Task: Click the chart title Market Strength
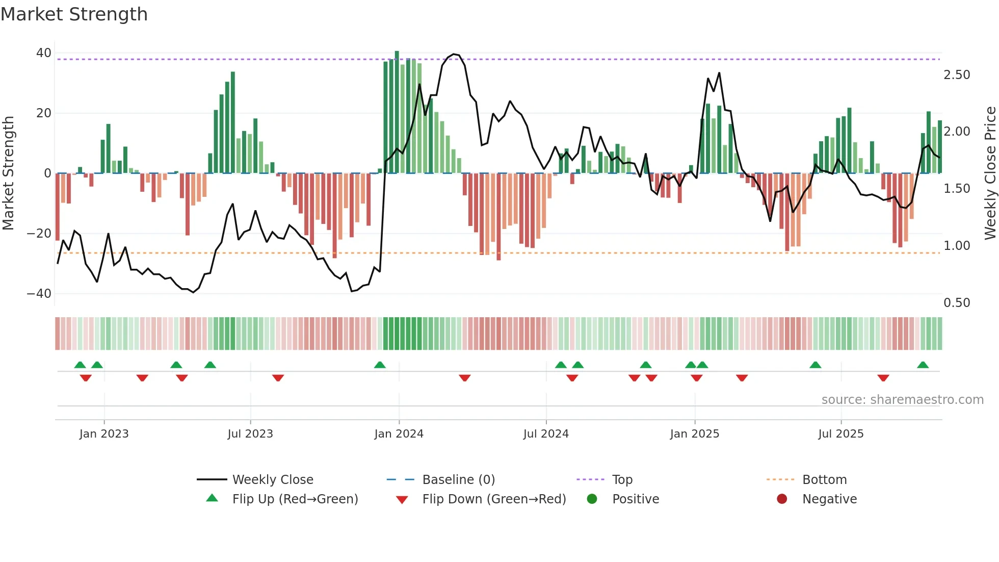coord(74,14)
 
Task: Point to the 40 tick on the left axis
coord(44,53)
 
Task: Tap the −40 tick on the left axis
coord(39,294)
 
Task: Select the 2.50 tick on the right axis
coord(957,75)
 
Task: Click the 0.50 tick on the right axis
coord(957,303)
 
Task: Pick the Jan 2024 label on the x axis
coord(399,434)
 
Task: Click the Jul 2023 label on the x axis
coord(250,434)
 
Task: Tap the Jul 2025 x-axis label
coord(840,434)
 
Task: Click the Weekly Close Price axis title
coord(990,173)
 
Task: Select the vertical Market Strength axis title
coord(8,173)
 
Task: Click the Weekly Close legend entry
coord(272,480)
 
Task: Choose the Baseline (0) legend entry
coord(458,480)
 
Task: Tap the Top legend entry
coord(622,480)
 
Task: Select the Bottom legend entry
coord(824,480)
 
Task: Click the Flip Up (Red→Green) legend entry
coord(295,499)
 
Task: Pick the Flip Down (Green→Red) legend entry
coord(493,499)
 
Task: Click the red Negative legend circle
coord(782,499)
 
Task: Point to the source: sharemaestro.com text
coord(902,400)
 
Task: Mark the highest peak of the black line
coord(454,54)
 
